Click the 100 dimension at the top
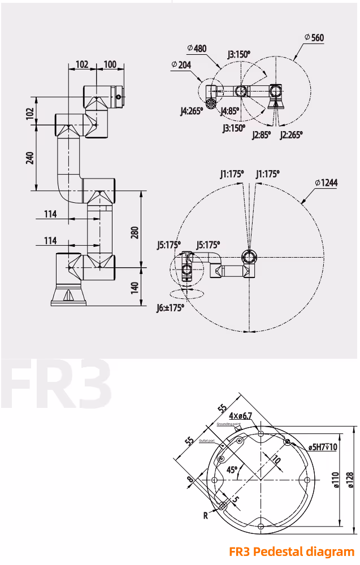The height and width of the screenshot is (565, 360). point(110,64)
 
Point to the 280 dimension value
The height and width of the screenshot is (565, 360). point(135,232)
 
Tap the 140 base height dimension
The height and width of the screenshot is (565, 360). point(135,288)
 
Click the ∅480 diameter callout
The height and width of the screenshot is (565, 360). point(197,49)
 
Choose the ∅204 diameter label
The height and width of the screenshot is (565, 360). point(181,65)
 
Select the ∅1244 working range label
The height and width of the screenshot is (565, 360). point(326,182)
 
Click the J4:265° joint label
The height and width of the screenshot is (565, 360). point(191,111)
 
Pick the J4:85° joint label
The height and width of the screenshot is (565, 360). point(230,111)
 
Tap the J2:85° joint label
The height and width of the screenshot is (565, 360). point(262,134)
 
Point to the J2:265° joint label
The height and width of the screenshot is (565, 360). point(291,134)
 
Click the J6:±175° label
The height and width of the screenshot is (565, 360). point(170,308)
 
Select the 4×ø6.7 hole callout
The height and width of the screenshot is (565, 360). point(240,416)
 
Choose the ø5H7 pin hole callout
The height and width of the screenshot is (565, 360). point(323,447)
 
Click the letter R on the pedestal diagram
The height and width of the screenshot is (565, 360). point(206,515)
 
